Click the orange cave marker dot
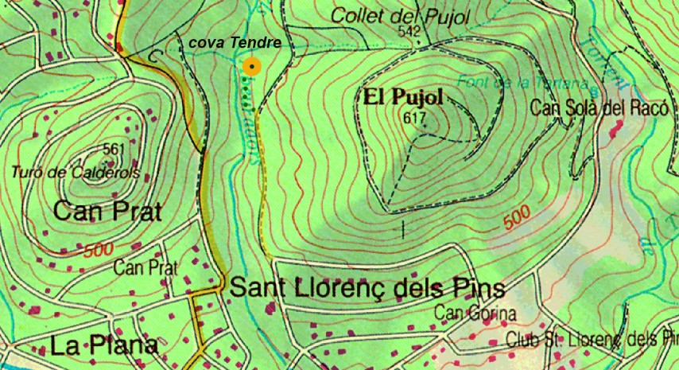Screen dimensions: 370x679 252,67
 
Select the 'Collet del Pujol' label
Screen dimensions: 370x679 400,15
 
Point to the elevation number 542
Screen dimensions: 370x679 409,31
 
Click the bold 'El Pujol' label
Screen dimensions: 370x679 403,98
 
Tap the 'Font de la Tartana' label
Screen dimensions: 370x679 522,83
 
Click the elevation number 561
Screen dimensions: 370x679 114,149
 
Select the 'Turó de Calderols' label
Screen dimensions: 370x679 76,172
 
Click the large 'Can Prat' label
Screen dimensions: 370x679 107,211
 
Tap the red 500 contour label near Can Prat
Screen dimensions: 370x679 98,250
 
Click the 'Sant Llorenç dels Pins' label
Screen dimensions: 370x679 367,287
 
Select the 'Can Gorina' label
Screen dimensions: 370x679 475,314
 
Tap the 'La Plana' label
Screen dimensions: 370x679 103,346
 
